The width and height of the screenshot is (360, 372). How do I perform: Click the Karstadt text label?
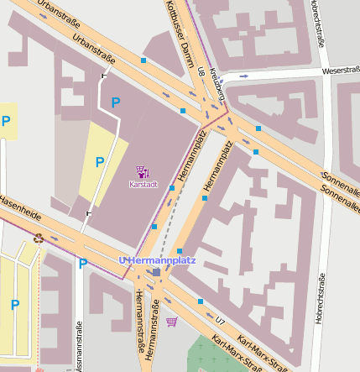tap(142, 183)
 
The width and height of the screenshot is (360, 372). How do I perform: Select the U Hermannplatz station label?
tap(157, 260)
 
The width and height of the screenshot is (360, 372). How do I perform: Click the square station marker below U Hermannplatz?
tap(156, 272)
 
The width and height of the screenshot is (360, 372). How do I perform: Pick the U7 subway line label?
tap(221, 321)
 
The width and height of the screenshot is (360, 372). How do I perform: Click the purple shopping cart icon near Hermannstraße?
tap(172, 322)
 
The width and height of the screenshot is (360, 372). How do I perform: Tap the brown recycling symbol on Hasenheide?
tap(38, 238)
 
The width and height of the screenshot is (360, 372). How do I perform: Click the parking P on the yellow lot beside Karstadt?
tap(100, 161)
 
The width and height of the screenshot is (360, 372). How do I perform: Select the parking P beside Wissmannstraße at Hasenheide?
tap(82, 264)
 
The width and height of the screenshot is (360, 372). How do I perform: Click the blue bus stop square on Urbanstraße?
tap(143, 61)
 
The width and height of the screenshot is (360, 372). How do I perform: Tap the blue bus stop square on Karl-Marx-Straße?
tap(201, 301)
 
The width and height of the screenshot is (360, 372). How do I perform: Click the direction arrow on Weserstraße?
tap(243, 76)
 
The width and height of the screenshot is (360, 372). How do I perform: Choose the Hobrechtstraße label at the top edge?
tap(320, 25)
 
